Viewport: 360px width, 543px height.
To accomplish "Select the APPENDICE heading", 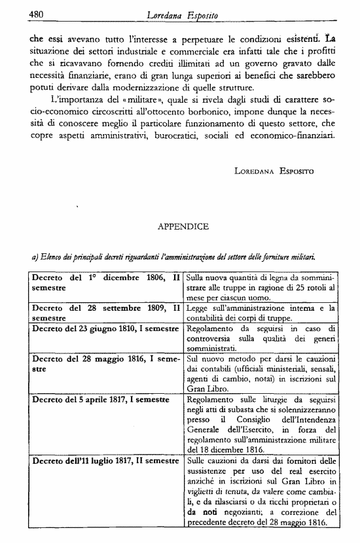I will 183,227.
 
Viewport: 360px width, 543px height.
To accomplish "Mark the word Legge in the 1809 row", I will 199,307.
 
